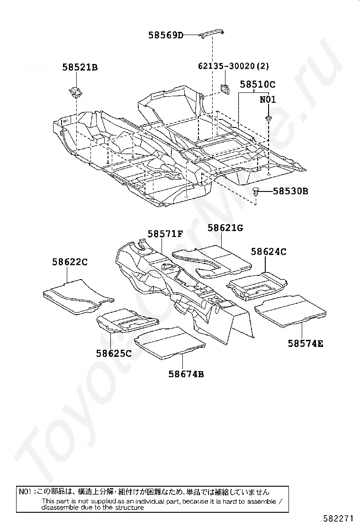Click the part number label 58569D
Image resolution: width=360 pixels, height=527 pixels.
click(x=165, y=35)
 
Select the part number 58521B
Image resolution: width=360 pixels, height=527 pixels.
click(x=80, y=68)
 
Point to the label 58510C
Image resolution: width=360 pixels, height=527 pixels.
click(x=257, y=85)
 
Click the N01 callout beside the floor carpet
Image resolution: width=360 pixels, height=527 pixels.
click(x=267, y=100)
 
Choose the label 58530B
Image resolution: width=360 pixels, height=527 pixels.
click(x=291, y=191)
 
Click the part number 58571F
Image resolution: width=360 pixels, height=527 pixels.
click(x=165, y=234)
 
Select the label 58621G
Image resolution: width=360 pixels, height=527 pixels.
click(x=225, y=228)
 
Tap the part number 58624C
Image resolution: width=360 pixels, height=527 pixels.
click(x=269, y=252)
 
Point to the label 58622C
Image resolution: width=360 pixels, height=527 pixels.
click(x=70, y=262)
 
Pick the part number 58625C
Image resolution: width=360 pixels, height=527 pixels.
click(x=114, y=353)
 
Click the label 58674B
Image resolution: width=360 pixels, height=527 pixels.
click(x=186, y=374)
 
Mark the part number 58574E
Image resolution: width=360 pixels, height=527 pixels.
click(x=306, y=343)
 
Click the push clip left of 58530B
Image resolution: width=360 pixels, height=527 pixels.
click(x=256, y=191)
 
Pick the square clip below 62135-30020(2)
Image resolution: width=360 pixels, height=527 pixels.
click(x=225, y=88)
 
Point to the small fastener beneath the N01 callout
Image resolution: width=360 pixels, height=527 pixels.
click(x=268, y=118)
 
